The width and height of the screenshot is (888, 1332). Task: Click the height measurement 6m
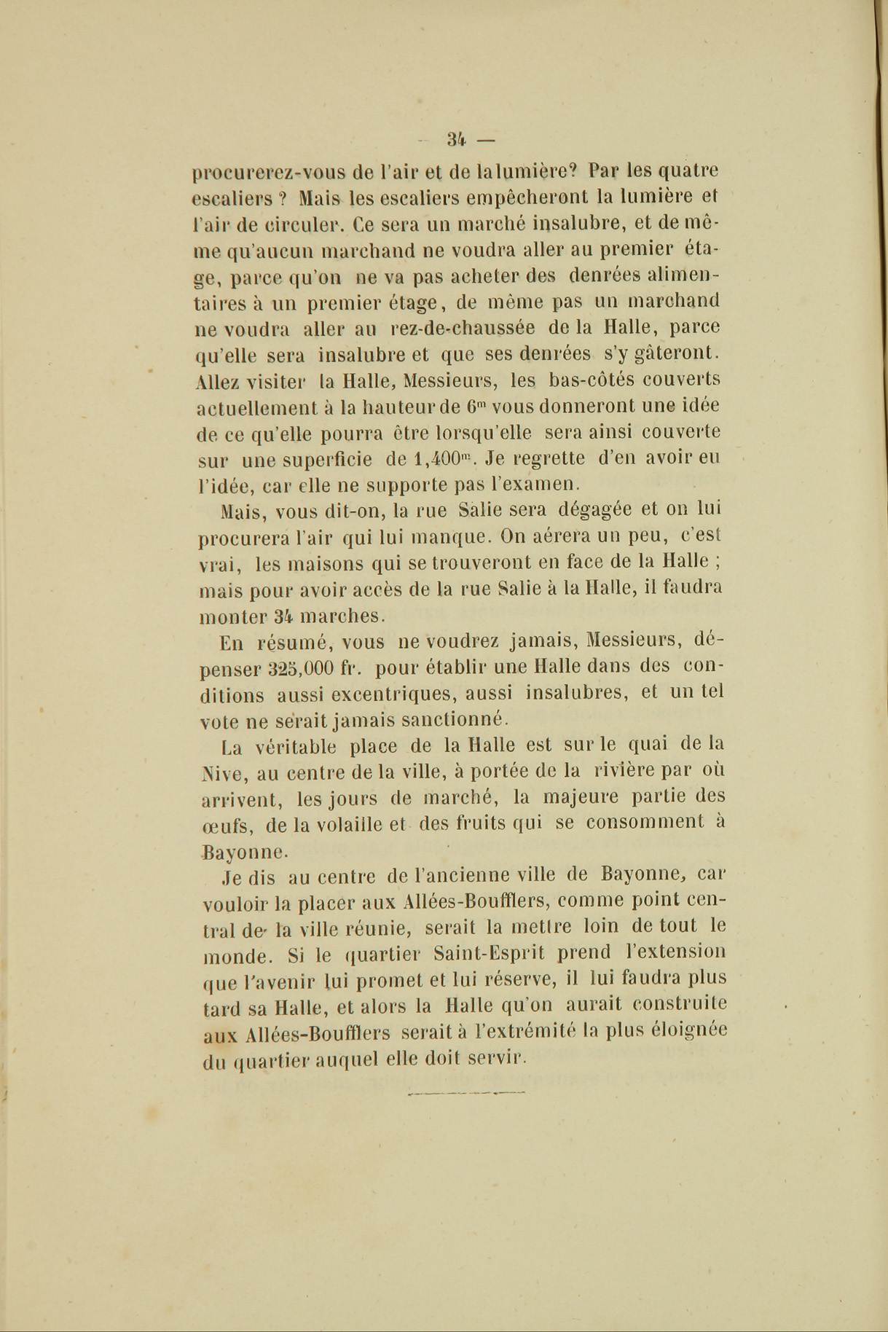coord(476,406)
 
